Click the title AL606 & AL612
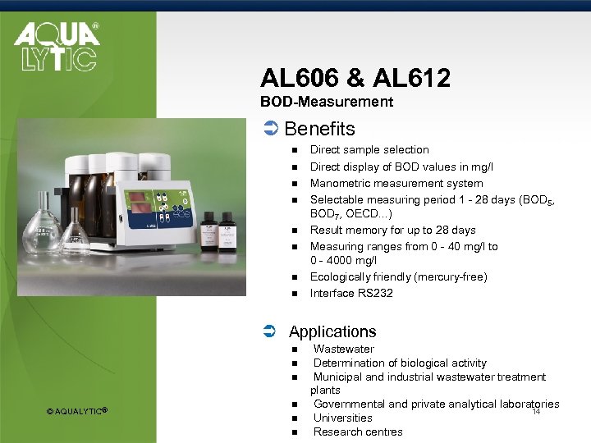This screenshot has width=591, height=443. [355, 78]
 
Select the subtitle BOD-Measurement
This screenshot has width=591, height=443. [327, 103]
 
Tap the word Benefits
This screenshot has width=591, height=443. [319, 129]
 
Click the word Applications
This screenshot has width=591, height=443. [332, 331]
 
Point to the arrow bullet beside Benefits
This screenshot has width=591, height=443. [269, 129]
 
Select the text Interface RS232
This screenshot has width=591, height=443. [351, 293]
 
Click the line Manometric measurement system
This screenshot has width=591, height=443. [396, 183]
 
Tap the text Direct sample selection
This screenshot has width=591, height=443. [369, 149]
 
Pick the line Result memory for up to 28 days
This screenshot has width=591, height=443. [392, 230]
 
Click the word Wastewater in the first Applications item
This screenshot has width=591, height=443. [343, 349]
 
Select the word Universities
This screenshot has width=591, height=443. [342, 418]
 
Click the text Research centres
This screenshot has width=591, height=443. [358, 432]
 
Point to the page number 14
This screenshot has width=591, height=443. [536, 412]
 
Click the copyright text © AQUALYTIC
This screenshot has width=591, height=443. [77, 410]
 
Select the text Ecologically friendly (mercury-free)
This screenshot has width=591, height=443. [398, 276]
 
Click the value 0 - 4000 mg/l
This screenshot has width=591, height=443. [343, 259]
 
